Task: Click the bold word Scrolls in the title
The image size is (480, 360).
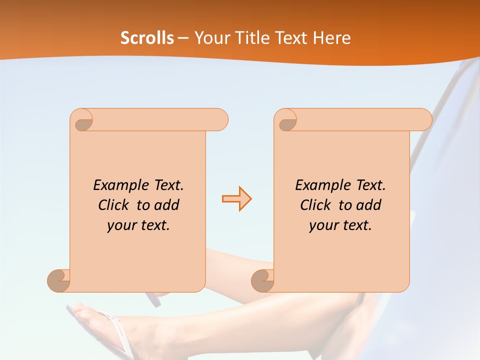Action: (147, 38)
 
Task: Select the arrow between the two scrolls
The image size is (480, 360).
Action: (236, 199)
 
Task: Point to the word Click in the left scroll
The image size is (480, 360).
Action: (115, 205)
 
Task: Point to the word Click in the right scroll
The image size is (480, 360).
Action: (317, 205)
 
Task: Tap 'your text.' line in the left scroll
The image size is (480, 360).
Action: (138, 225)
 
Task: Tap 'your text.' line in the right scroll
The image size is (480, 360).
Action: (340, 225)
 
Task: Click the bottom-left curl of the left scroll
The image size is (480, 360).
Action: (59, 280)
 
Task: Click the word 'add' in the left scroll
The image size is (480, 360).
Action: (166, 205)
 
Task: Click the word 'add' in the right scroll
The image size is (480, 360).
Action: (368, 205)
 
